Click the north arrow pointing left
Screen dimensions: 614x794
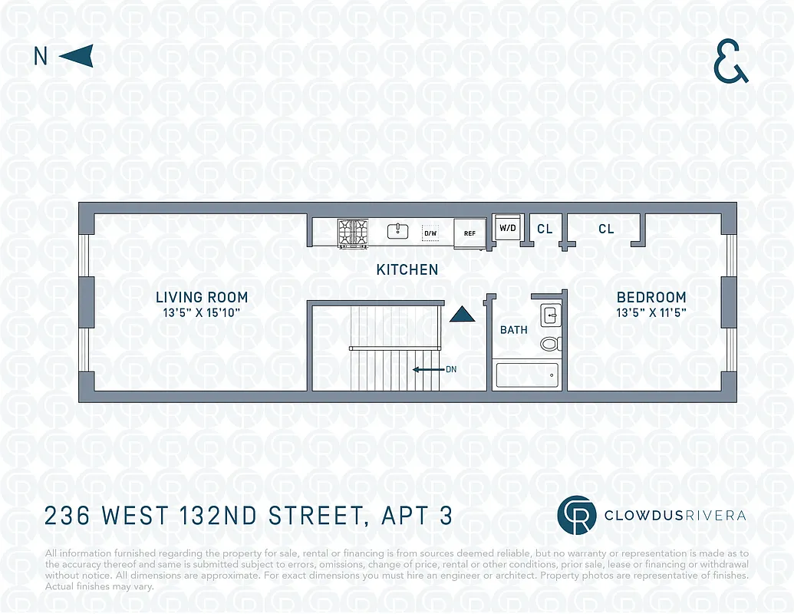pyautogui.click(x=76, y=56)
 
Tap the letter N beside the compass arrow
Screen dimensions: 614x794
pyautogui.click(x=41, y=57)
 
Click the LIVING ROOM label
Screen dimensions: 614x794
pyautogui.click(x=202, y=297)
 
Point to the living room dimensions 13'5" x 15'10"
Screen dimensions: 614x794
pyautogui.click(x=202, y=312)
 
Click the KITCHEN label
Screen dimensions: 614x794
pyautogui.click(x=407, y=269)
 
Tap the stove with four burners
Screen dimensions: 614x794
pyautogui.click(x=352, y=232)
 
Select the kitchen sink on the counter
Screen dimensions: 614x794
pyautogui.click(x=397, y=231)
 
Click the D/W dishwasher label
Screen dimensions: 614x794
pyautogui.click(x=430, y=233)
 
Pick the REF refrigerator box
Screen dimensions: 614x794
pyautogui.click(x=469, y=233)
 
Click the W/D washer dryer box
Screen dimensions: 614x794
pyautogui.click(x=507, y=228)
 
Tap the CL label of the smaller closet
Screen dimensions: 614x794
pyautogui.click(x=545, y=229)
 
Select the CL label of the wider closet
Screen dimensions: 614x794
pyautogui.click(x=606, y=229)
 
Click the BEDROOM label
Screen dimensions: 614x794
pyautogui.click(x=651, y=297)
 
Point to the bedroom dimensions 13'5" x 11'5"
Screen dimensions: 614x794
pyautogui.click(x=651, y=312)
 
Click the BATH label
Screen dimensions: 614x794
pyautogui.click(x=513, y=330)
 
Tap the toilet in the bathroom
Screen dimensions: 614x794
pyautogui.click(x=550, y=343)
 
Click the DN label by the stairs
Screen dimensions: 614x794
pyautogui.click(x=451, y=369)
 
